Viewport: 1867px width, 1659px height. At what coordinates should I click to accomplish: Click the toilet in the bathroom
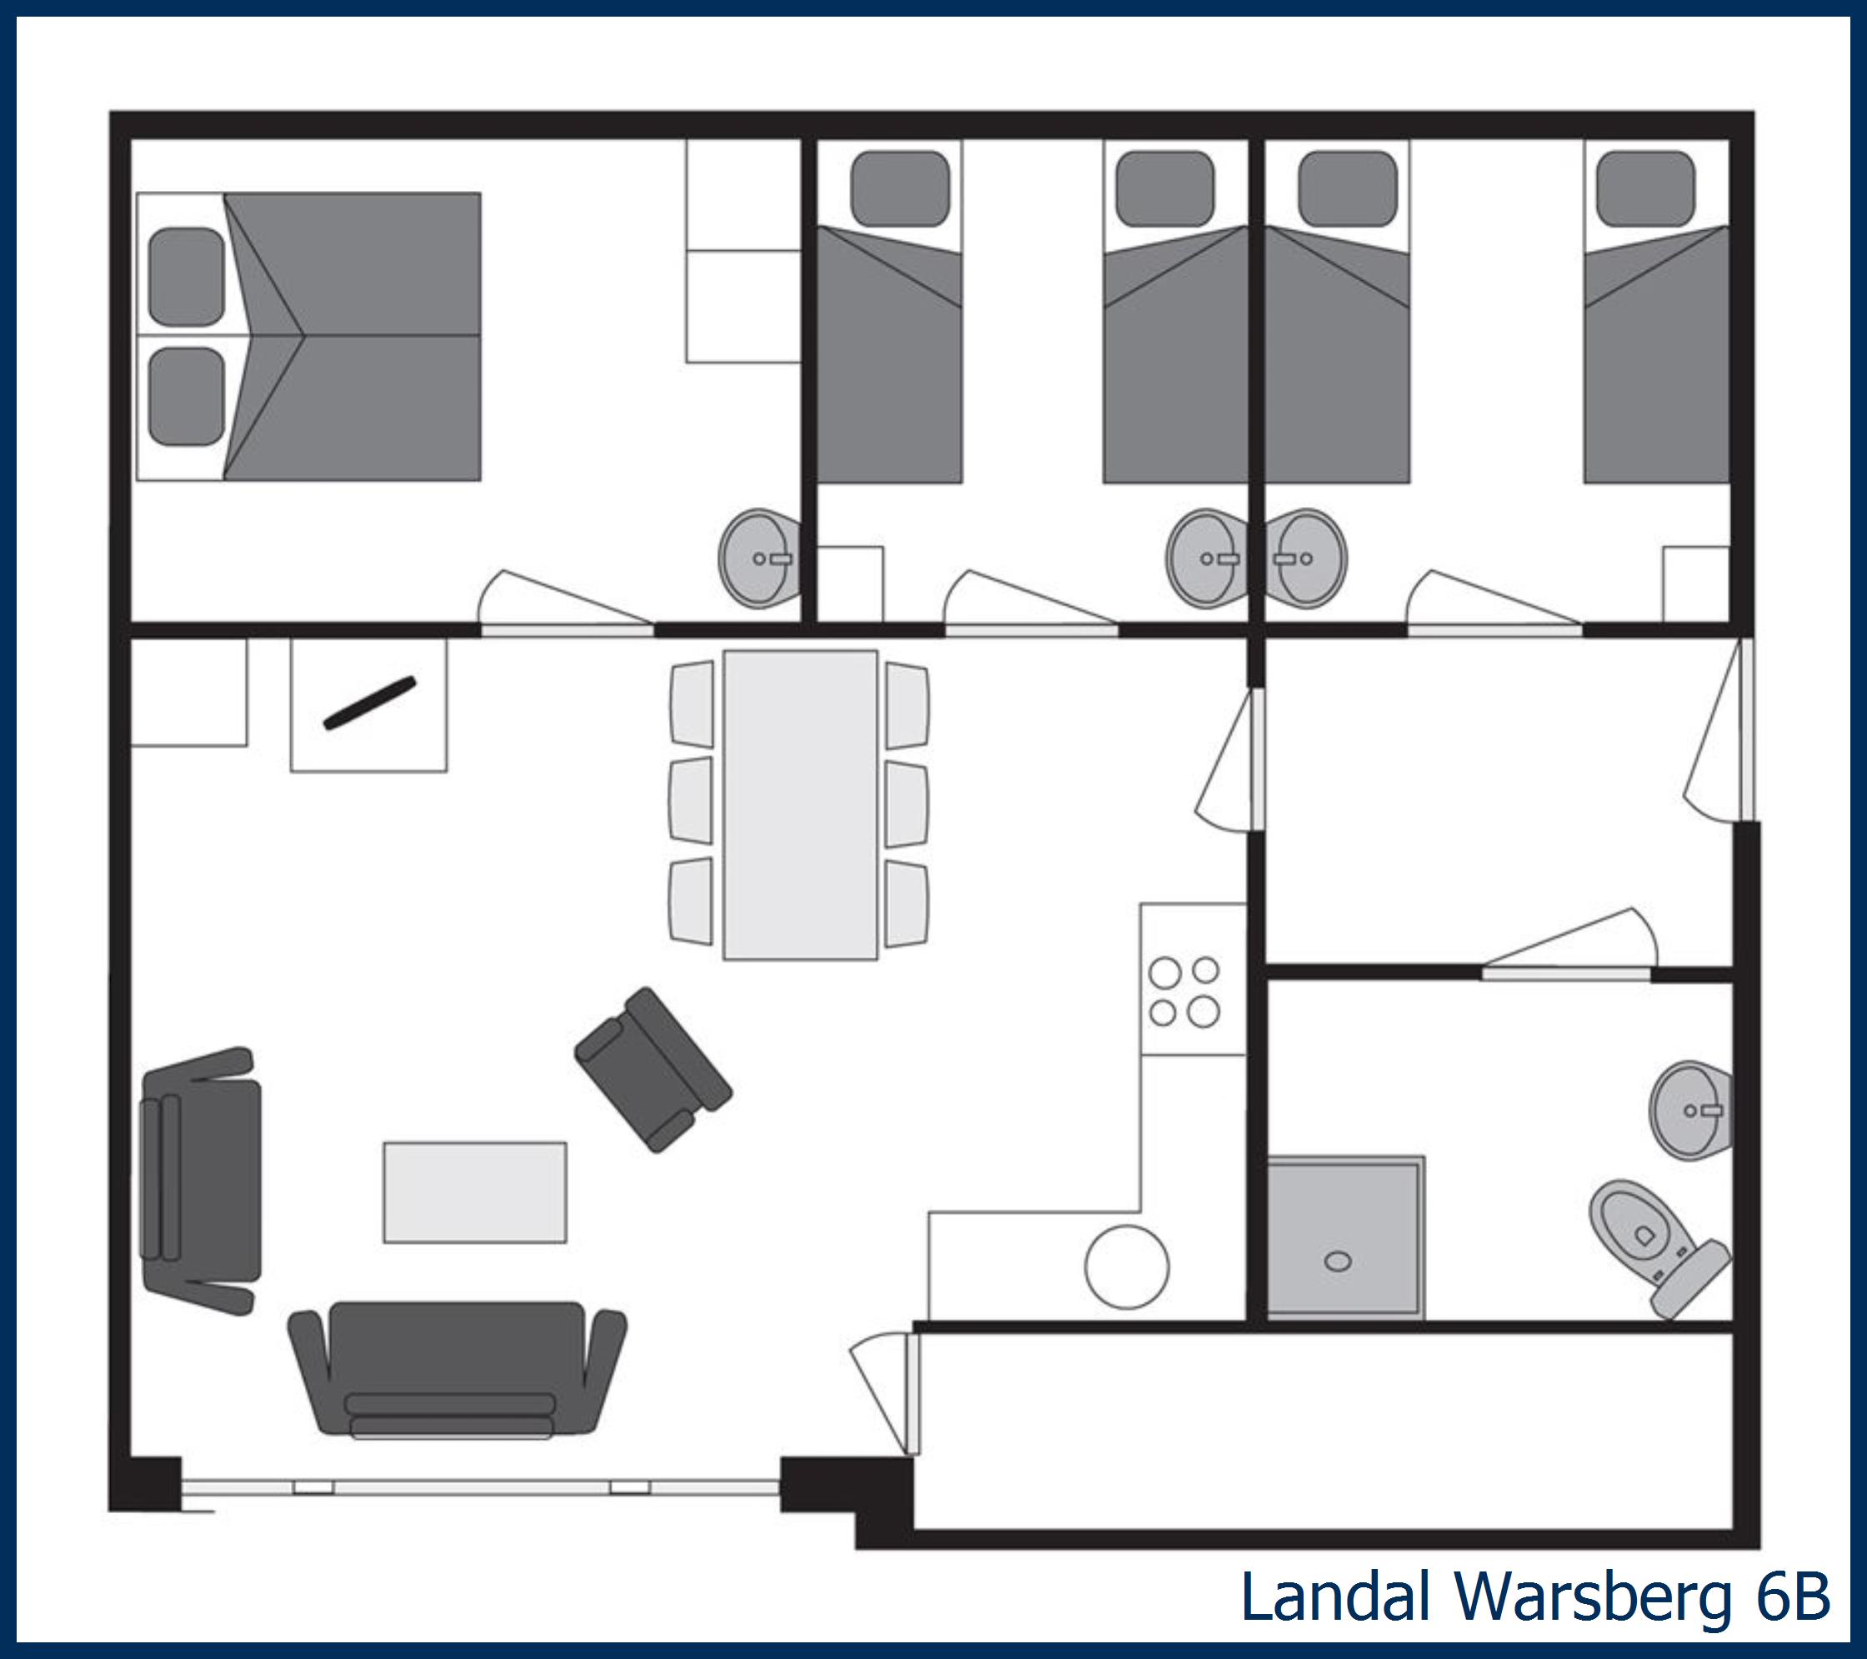(x=1654, y=1247)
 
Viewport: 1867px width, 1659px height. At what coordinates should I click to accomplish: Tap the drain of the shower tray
(x=1338, y=1261)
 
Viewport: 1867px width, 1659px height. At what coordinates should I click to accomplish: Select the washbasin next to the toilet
(x=1690, y=1110)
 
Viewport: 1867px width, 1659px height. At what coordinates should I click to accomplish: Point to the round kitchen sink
(x=1126, y=1267)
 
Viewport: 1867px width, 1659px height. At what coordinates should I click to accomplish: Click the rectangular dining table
(x=800, y=804)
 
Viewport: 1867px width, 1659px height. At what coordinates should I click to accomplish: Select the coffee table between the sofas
(x=474, y=1191)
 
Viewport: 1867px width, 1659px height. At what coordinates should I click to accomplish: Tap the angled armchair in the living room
(x=652, y=1069)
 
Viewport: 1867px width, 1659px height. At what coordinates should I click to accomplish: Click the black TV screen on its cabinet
(x=370, y=704)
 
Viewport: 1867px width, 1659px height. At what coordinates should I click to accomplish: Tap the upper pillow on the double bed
(x=187, y=276)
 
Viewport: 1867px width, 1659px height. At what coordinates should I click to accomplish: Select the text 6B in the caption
(x=1794, y=1595)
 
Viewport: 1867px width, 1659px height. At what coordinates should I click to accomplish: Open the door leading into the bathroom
(x=1565, y=973)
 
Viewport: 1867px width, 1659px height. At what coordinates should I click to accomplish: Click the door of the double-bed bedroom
(x=566, y=629)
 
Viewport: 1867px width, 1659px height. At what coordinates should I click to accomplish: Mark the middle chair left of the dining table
(x=692, y=801)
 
